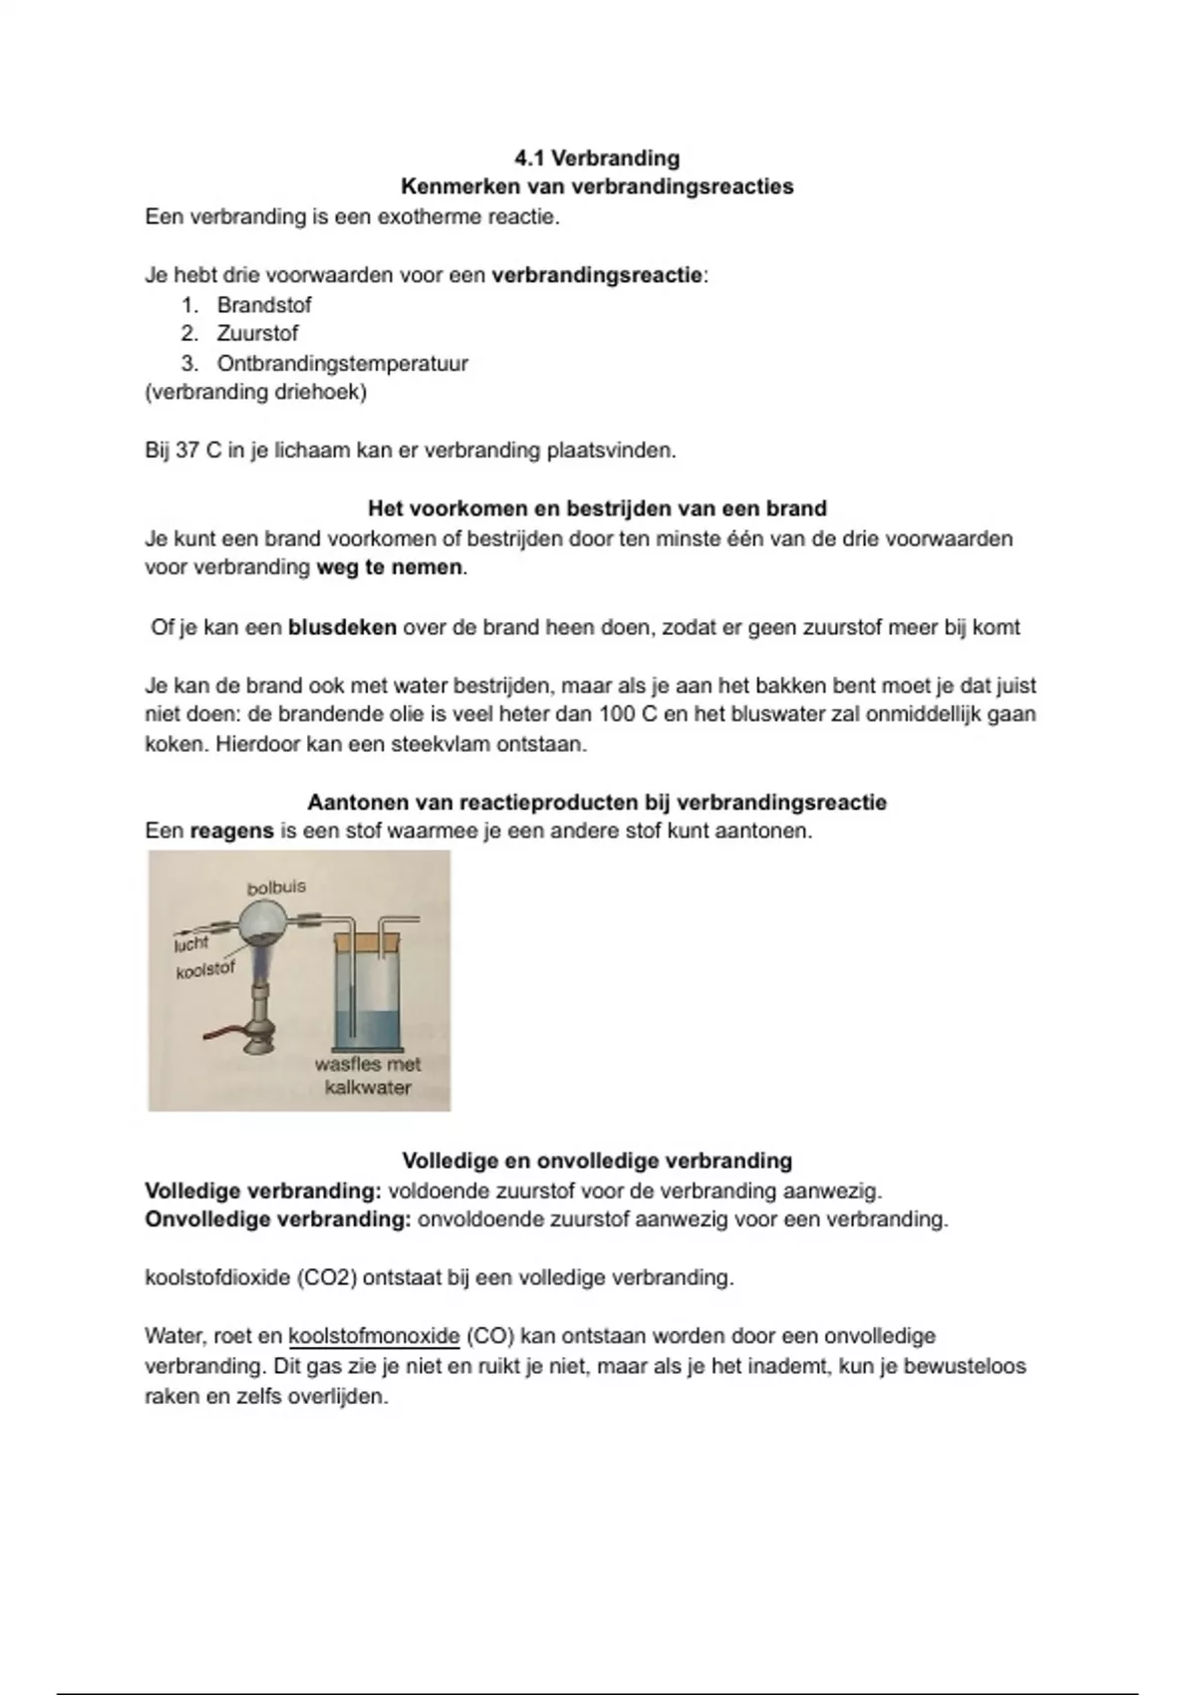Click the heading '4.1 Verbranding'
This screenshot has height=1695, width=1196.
click(597, 158)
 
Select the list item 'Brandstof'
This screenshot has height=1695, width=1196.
click(264, 305)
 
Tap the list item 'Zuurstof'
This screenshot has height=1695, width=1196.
click(257, 334)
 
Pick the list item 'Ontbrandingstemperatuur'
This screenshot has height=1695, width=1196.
click(342, 363)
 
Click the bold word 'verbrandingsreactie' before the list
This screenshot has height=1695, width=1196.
click(597, 275)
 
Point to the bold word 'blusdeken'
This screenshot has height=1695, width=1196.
click(342, 627)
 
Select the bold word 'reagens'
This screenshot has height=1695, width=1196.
click(231, 831)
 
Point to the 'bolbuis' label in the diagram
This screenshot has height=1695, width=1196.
click(276, 886)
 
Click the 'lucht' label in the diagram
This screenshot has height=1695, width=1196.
click(191, 943)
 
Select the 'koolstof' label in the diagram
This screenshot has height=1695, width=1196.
click(205, 969)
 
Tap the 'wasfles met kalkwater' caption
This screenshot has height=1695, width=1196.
click(368, 1076)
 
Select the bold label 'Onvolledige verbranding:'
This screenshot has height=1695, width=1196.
click(277, 1219)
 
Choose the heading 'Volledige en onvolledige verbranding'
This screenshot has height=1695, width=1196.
click(597, 1161)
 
